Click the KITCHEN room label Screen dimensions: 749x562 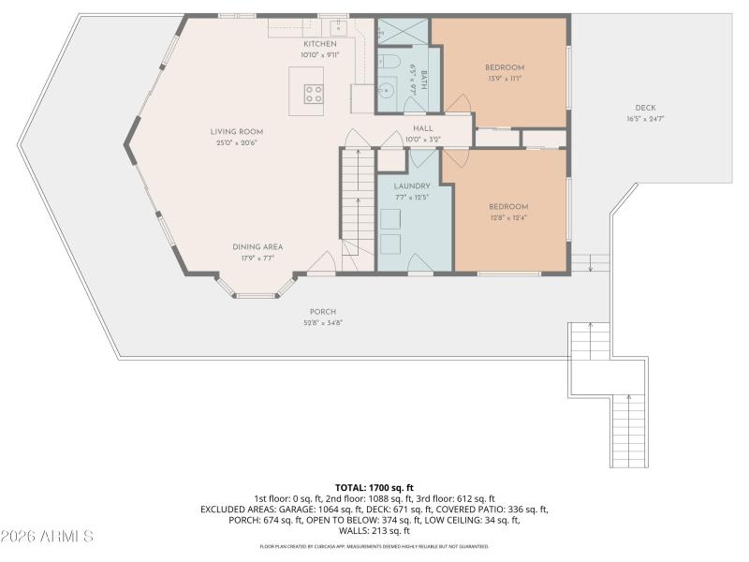coord(320,44)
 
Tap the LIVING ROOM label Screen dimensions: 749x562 coord(237,132)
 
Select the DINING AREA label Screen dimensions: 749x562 coord(257,247)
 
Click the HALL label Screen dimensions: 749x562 coord(423,128)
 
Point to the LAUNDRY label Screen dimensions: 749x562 coord(412,185)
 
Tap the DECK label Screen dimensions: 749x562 coord(645,108)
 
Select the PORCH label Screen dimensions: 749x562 coord(323,312)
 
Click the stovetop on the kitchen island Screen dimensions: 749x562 coord(314,94)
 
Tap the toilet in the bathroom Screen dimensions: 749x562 coord(390,61)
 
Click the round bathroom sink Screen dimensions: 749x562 coord(387,90)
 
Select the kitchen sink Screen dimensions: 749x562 coord(338,27)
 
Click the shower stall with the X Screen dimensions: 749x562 coord(403,31)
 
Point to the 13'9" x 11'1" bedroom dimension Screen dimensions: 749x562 coord(505,79)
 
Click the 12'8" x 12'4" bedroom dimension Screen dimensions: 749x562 coord(507,218)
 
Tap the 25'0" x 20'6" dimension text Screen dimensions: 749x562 coord(237,143)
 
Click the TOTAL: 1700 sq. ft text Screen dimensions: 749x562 coord(374,488)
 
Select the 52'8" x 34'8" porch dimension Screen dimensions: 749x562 coord(323,322)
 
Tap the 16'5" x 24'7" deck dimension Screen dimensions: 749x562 coord(645,119)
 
